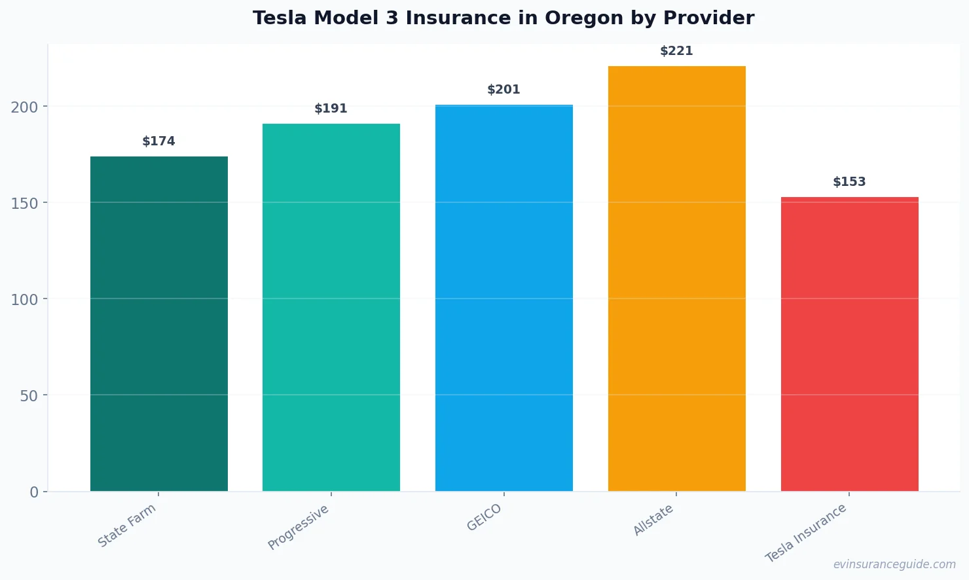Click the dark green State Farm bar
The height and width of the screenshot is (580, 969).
pyautogui.click(x=159, y=324)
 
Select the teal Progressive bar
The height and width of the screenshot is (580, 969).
pyautogui.click(x=331, y=308)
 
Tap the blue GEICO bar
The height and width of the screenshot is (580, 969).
pyautogui.click(x=504, y=298)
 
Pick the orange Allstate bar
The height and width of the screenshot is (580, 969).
pyautogui.click(x=676, y=278)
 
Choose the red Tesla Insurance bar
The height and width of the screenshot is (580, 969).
pyautogui.click(x=849, y=344)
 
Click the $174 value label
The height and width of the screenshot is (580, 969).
pyautogui.click(x=159, y=141)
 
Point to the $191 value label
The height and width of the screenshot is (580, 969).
pyautogui.click(x=331, y=109)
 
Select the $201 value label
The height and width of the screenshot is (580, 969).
pyautogui.click(x=504, y=90)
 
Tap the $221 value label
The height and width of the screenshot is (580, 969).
pyautogui.click(x=676, y=51)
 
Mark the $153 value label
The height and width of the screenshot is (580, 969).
pyautogui.click(x=849, y=182)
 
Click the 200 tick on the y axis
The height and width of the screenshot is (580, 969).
pyautogui.click(x=24, y=107)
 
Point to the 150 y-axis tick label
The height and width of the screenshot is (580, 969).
pyautogui.click(x=24, y=203)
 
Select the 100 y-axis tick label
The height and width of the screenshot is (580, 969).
pyautogui.click(x=24, y=299)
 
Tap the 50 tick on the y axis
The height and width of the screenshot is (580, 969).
pyautogui.click(x=29, y=395)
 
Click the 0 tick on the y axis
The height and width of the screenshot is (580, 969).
pyautogui.click(x=34, y=492)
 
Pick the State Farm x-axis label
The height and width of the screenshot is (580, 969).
pyautogui.click(x=127, y=526)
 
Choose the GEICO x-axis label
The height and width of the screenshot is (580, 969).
pyautogui.click(x=484, y=518)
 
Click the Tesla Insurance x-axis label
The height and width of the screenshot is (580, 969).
pyautogui.click(x=806, y=533)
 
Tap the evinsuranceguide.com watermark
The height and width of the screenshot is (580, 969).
pyautogui.click(x=894, y=564)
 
